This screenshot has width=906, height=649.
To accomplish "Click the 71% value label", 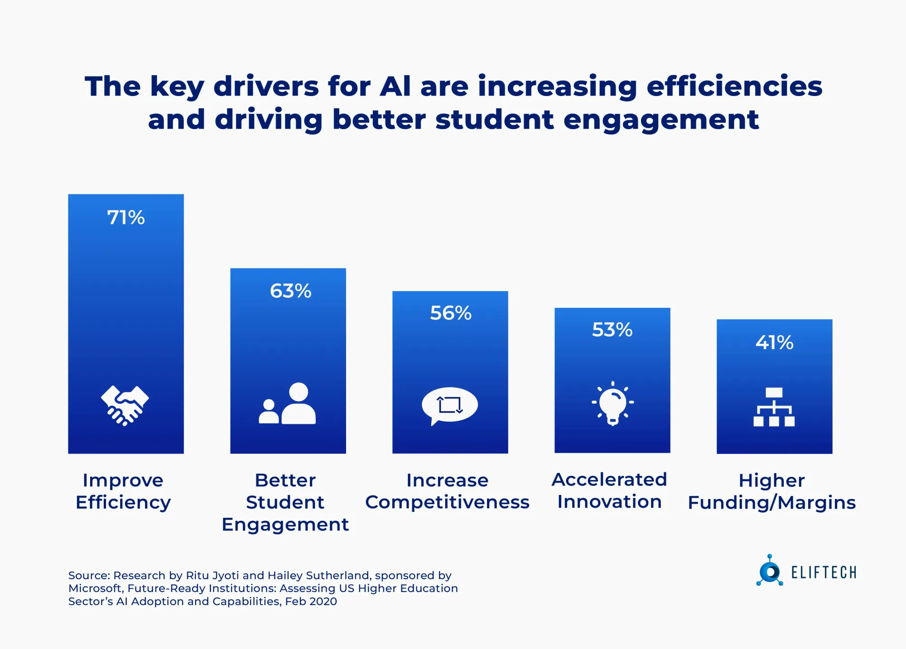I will coord(126,217).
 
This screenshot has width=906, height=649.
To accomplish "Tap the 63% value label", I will coord(290,291).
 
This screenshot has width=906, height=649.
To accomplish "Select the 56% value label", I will coord(451,313).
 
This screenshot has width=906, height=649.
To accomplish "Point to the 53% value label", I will coord(612,330).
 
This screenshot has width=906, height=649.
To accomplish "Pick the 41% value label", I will coord(774,342).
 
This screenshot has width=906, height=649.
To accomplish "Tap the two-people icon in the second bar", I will coord(288,404).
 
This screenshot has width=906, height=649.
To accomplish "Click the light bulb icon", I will coord(612,403).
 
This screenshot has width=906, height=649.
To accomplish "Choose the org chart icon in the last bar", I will coord(774,407).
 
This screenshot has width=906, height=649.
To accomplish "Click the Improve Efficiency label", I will coord(123,491).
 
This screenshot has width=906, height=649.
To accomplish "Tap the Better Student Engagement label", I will coord(285,502).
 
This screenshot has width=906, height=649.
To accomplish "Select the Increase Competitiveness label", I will coord(447,491).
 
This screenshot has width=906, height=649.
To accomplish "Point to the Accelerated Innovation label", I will coord(609,490).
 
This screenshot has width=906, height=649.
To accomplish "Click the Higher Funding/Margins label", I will coord(771,491).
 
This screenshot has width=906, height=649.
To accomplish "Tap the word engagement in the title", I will coord(661,120).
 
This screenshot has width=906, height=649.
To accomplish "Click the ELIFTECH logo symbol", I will coord(769,571).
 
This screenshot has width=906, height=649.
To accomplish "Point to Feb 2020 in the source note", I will coord(311,601).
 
